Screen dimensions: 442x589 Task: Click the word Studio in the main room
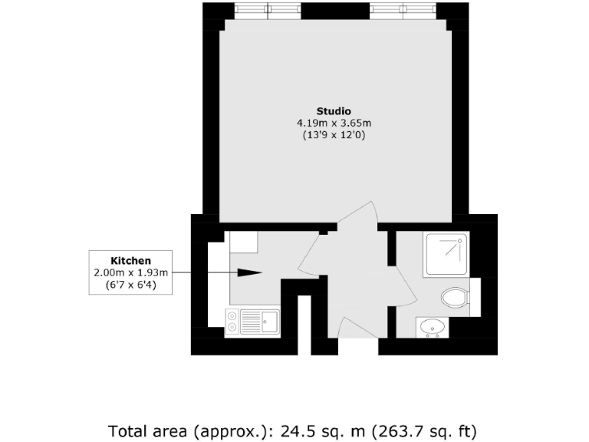point(334,110)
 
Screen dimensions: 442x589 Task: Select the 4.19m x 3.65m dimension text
point(334,123)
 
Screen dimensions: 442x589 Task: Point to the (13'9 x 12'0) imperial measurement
point(334,135)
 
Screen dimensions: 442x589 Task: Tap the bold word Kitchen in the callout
point(130,261)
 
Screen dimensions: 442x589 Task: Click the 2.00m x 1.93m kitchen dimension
point(130,272)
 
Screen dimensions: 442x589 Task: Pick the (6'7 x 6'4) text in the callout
point(130,285)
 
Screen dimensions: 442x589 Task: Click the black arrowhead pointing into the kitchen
point(251,272)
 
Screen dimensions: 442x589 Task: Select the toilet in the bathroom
point(455,296)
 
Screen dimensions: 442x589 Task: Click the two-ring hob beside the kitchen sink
point(232,322)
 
